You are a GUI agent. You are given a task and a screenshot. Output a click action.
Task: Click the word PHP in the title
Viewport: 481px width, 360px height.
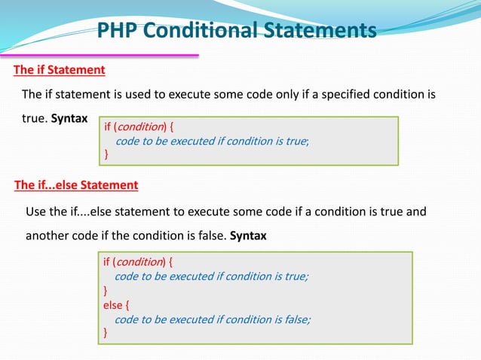pyautogui.click(x=118, y=31)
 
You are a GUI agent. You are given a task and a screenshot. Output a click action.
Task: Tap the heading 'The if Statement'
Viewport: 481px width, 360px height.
pyautogui.click(x=59, y=70)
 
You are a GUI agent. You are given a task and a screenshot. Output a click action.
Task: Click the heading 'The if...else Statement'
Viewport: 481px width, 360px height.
pyautogui.click(x=76, y=185)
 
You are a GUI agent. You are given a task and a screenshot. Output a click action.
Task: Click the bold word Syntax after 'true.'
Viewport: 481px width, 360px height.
pyautogui.click(x=69, y=120)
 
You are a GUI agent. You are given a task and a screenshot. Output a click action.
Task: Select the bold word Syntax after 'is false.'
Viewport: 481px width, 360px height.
pyautogui.click(x=248, y=235)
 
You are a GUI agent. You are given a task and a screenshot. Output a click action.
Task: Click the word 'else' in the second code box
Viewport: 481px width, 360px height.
pyautogui.click(x=112, y=305)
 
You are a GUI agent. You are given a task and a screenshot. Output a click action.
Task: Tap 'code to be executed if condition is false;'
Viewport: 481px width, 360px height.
pyautogui.click(x=212, y=319)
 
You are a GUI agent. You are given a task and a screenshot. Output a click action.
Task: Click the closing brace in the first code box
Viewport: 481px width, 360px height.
pyautogui.click(x=106, y=154)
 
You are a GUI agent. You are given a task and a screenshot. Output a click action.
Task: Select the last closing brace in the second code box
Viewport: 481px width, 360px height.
pyautogui.click(x=106, y=332)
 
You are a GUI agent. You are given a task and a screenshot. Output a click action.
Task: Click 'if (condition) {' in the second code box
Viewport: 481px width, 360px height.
pyautogui.click(x=139, y=262)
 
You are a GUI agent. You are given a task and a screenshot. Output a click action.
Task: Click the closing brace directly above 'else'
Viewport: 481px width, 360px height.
pyautogui.click(x=106, y=291)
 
